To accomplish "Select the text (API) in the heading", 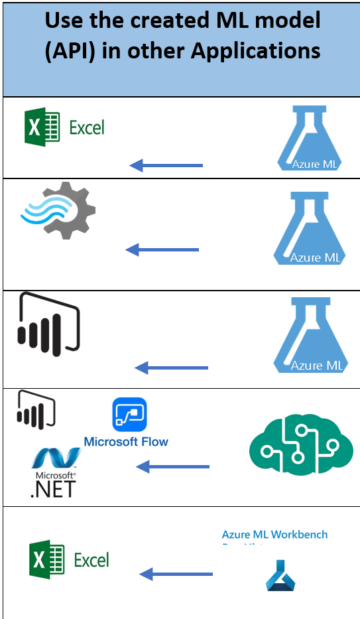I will coord(71,50).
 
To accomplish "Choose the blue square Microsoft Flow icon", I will coord(129,415).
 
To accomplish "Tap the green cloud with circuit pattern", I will coord(292,442).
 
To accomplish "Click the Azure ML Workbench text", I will coord(274,534).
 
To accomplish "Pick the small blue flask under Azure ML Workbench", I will coord(280,575).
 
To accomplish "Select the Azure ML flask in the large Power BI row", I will coord(308,334).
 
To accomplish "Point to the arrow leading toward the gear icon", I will coord(162,249).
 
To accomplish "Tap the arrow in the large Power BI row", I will coord(171,368).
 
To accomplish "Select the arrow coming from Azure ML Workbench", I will coord(176,573).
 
